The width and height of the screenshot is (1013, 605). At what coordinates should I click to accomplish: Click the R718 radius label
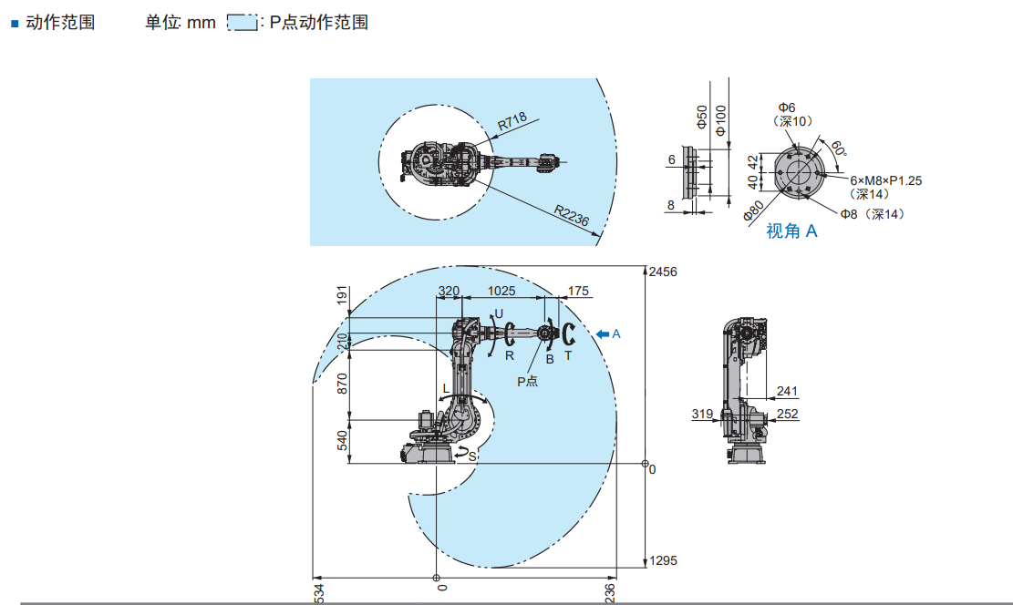coord(512,123)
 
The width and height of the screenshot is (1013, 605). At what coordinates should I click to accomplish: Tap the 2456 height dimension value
coord(663,272)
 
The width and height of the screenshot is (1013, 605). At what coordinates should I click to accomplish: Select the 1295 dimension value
coord(663,560)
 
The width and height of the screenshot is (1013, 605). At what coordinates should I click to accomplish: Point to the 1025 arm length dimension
coord(501,292)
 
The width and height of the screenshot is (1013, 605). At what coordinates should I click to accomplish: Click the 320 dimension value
coord(449,292)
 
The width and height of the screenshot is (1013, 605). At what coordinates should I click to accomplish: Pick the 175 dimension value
coord(578,292)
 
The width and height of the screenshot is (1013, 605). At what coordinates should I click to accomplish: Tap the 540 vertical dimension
coord(343,441)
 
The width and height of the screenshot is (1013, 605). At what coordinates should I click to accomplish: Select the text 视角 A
coord(791,231)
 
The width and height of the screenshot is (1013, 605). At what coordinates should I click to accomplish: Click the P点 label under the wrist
coord(528,381)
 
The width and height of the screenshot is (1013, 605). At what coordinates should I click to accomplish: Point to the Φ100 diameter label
coord(720,118)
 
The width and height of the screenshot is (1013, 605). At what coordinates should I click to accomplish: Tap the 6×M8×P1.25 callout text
coord(885,180)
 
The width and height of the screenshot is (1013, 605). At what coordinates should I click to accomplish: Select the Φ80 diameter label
coord(753,211)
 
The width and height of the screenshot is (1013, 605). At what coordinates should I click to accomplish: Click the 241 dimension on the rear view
coord(787,392)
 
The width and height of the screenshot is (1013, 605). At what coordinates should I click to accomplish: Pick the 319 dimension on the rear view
coord(702,414)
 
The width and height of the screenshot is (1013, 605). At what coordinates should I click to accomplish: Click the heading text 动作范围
coord(60,22)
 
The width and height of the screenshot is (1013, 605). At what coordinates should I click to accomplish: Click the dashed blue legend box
coord(242,23)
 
